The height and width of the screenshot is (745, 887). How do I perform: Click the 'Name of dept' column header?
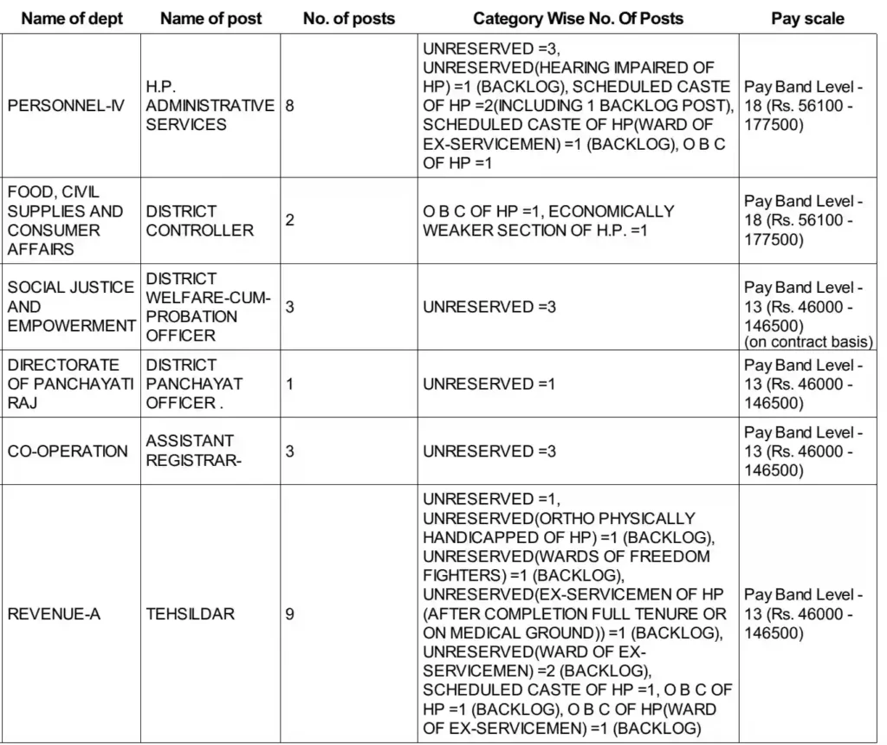72,18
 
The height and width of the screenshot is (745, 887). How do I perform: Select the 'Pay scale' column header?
807,18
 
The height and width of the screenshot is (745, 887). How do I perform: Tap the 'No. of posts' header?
349,18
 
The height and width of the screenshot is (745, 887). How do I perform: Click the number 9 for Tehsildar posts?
289,614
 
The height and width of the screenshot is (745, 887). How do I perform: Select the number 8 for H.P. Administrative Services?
289,106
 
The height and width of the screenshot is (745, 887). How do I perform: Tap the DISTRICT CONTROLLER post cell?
200,221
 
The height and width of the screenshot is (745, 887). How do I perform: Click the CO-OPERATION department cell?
68,451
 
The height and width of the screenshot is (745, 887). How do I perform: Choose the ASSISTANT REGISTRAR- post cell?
194,451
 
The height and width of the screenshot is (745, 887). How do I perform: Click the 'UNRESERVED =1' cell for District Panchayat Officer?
489,384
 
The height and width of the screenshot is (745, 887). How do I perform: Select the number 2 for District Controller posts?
289,221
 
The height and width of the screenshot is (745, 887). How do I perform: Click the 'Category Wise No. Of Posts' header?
578,18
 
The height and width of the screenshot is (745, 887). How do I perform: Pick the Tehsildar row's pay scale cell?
804,614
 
